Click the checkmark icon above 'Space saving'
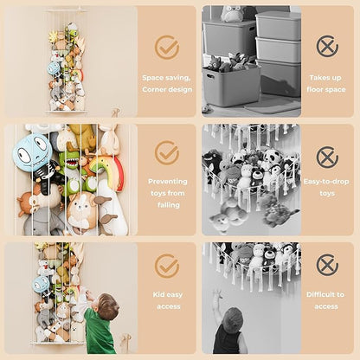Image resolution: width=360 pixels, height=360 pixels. (167, 48)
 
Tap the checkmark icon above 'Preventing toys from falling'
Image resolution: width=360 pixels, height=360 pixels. (167, 152)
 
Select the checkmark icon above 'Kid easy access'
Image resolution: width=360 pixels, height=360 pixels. (167, 266)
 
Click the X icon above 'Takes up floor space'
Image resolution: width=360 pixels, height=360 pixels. (327, 46)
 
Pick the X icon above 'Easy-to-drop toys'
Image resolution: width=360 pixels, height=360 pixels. (327, 157)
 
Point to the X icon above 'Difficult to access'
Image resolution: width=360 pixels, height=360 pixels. (327, 265)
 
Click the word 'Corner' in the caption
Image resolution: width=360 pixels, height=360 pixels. (153, 89)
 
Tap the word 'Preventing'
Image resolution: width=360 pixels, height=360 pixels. (168, 182)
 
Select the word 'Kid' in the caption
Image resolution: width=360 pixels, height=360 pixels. (158, 294)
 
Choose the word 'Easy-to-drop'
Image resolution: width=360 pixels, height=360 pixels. (326, 182)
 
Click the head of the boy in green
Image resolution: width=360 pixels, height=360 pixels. (107, 305)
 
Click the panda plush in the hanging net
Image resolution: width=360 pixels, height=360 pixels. (270, 157)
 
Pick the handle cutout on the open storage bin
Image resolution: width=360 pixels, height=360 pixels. (210, 77)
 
